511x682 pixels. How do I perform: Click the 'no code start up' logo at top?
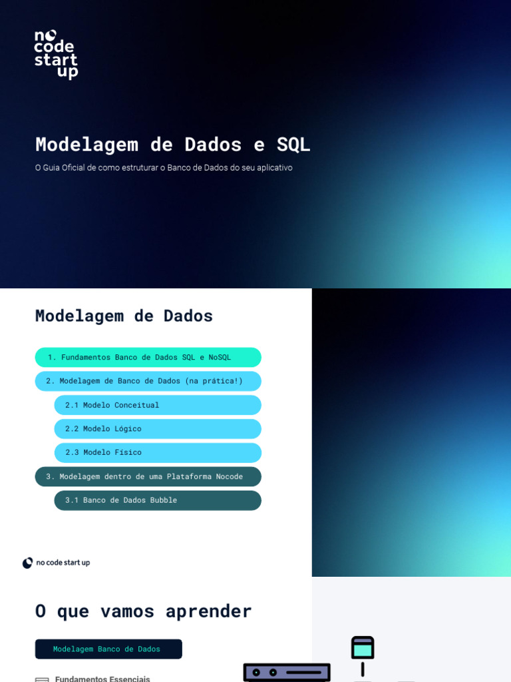pyautogui.click(x=56, y=55)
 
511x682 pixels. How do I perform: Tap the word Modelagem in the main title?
pyautogui.click(x=86, y=145)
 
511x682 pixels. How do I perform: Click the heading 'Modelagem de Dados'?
pyautogui.click(x=124, y=316)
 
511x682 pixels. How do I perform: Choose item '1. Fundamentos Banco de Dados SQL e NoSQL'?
pyautogui.click(x=148, y=358)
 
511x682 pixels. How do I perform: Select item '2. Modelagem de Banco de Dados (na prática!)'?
pyautogui.click(x=148, y=381)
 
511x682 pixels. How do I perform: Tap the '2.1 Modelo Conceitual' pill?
pyautogui.click(x=158, y=405)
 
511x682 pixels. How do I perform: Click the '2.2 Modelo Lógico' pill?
pyautogui.click(x=158, y=429)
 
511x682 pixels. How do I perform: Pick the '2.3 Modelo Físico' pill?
pyautogui.click(x=158, y=452)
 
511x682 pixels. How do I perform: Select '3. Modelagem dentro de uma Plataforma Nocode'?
pyautogui.click(x=148, y=476)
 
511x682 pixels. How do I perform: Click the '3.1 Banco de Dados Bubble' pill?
pyautogui.click(x=158, y=500)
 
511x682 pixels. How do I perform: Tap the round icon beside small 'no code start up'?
pyautogui.click(x=27, y=563)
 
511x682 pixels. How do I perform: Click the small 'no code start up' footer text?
pyautogui.click(x=63, y=563)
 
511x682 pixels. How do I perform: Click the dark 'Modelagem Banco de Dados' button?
pyautogui.click(x=108, y=649)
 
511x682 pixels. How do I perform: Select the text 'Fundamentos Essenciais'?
pyautogui.click(x=102, y=678)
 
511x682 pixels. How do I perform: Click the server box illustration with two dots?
pyautogui.click(x=287, y=673)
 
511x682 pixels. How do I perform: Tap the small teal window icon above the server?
pyautogui.click(x=363, y=647)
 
